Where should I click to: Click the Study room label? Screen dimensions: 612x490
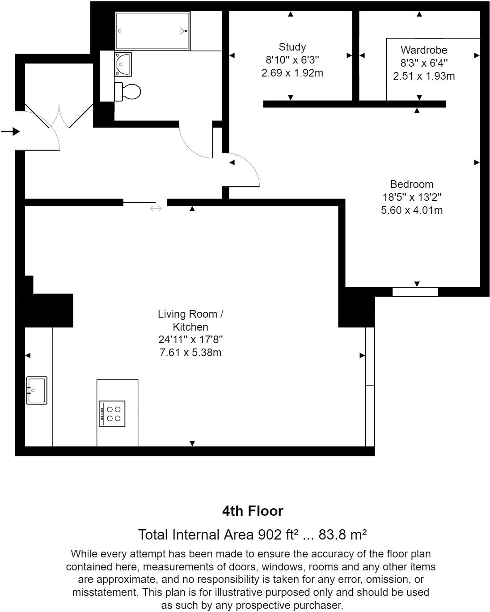(x=292, y=47)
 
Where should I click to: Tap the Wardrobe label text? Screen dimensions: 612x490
(x=424, y=50)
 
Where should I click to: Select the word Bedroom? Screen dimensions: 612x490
(x=412, y=184)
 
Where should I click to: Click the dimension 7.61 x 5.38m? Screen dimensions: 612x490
(x=190, y=353)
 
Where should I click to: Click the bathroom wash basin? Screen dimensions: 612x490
(x=123, y=64)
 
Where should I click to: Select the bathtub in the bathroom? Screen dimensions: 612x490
(x=152, y=31)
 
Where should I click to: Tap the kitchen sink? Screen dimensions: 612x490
(x=37, y=391)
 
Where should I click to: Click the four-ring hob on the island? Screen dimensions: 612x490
(x=112, y=414)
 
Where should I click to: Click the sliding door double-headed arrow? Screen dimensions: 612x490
(x=156, y=208)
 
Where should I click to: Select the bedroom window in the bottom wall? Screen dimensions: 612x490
(x=415, y=292)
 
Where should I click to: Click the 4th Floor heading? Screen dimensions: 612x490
(x=253, y=511)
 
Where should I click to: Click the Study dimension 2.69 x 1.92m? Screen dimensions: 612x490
(x=292, y=73)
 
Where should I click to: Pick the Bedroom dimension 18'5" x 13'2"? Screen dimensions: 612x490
(x=412, y=197)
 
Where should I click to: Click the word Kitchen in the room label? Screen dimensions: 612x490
(x=190, y=327)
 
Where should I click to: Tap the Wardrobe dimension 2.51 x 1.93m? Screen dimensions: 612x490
(x=424, y=76)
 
